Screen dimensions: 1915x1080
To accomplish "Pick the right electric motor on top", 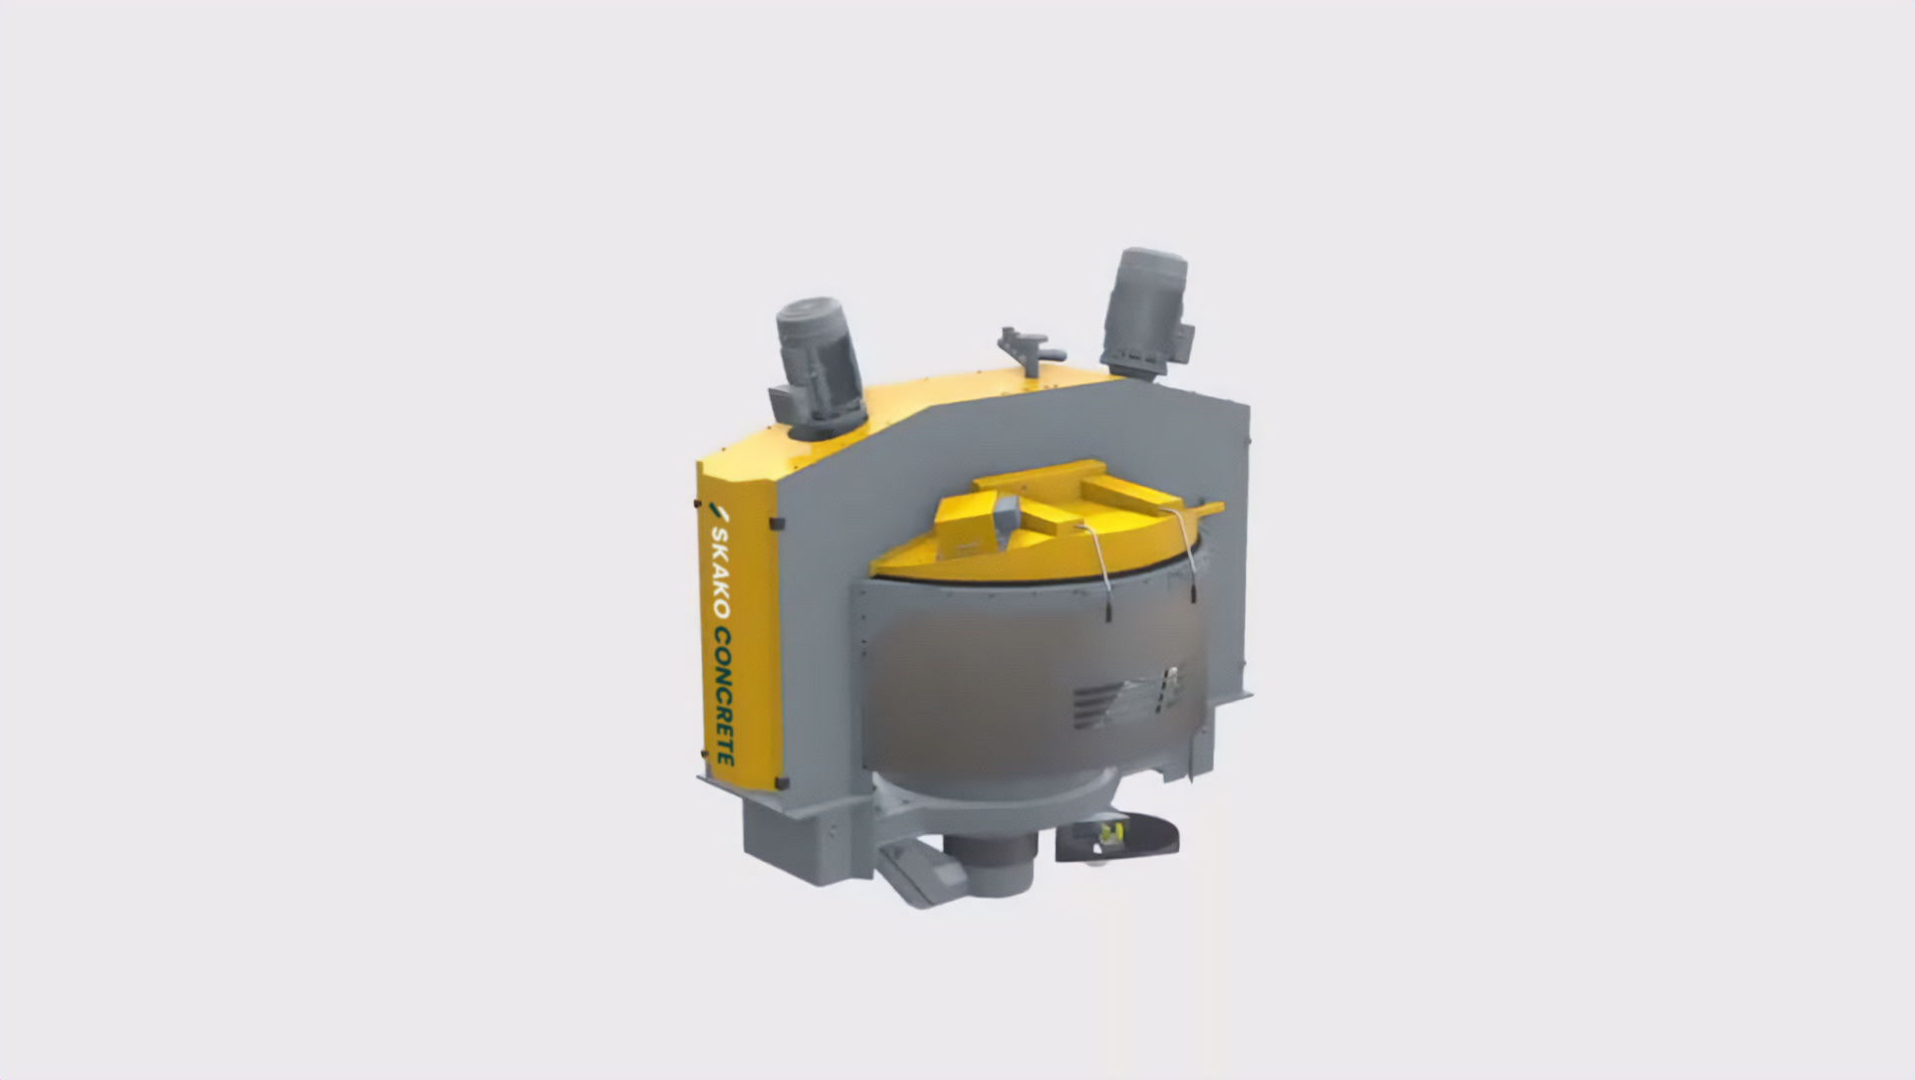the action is point(1147,311).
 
